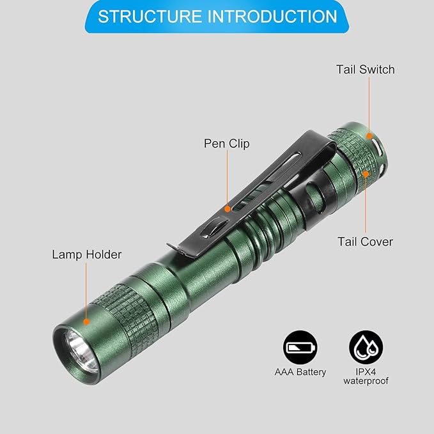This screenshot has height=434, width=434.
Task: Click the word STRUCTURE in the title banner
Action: pos(150,17)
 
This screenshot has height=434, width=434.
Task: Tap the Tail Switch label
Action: pos(366,70)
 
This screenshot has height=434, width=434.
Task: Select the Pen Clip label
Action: pos(227,144)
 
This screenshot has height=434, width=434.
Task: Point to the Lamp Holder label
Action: pos(87,254)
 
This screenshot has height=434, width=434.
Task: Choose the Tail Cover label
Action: pos(365,242)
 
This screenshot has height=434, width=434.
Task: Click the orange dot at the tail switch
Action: pos(369,136)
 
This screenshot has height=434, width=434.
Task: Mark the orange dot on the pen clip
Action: pos(228,209)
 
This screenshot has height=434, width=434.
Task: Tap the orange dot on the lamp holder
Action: pos(86,322)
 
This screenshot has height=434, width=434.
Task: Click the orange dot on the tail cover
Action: pos(366,174)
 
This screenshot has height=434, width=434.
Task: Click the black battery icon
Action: pos(300,347)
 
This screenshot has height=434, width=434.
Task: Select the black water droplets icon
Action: pos(366,347)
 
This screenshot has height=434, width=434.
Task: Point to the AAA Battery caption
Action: pos(300,372)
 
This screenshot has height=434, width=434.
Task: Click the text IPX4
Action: pos(366,372)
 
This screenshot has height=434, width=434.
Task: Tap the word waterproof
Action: pos(366,381)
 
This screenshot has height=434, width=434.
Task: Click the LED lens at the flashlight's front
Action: pos(81,351)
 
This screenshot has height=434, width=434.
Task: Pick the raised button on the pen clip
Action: pos(213,227)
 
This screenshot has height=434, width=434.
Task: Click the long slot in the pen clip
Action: pos(266,182)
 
